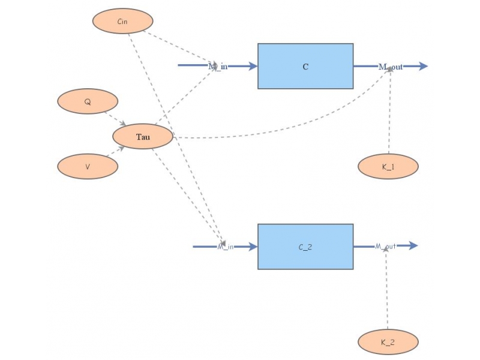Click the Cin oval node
122,21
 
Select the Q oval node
88,101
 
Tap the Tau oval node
143,137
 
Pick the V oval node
88,166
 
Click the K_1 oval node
388,166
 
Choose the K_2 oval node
388,342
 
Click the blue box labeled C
305,66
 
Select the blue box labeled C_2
305,247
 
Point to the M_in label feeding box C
218,66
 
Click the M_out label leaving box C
391,66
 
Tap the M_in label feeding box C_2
226,247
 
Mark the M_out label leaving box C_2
386,246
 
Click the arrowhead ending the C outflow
423,66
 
